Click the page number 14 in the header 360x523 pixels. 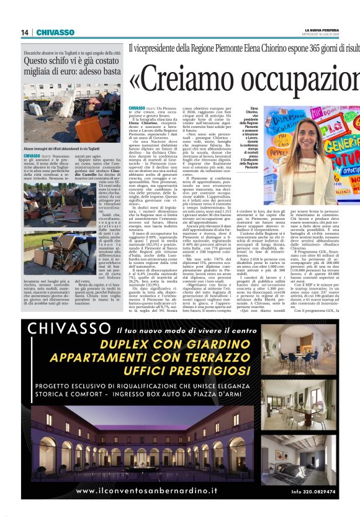[x=25, y=32]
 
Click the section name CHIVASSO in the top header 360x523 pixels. [x=55, y=32]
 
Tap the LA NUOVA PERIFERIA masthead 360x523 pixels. [x=323, y=30]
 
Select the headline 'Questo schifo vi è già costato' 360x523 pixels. [x=72, y=62]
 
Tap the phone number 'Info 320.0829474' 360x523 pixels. [x=313, y=492]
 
